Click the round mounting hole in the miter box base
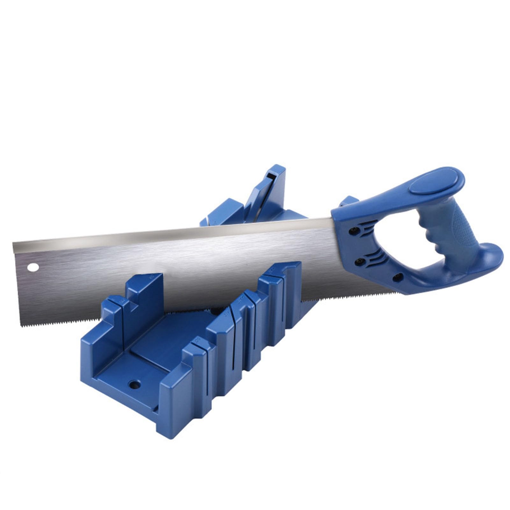[134, 385]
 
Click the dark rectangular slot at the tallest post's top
[271, 176]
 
